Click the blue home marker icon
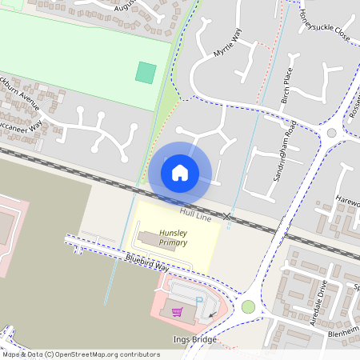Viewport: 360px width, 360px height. click(x=180, y=172)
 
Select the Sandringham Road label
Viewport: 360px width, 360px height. click(x=285, y=160)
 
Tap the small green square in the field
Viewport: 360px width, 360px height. click(x=145, y=72)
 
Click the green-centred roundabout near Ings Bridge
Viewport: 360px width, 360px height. click(x=248, y=306)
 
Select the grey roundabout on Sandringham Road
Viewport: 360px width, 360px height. click(x=331, y=133)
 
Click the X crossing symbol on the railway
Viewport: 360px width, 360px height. click(x=227, y=217)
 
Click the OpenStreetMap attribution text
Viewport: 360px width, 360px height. click(x=80, y=354)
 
